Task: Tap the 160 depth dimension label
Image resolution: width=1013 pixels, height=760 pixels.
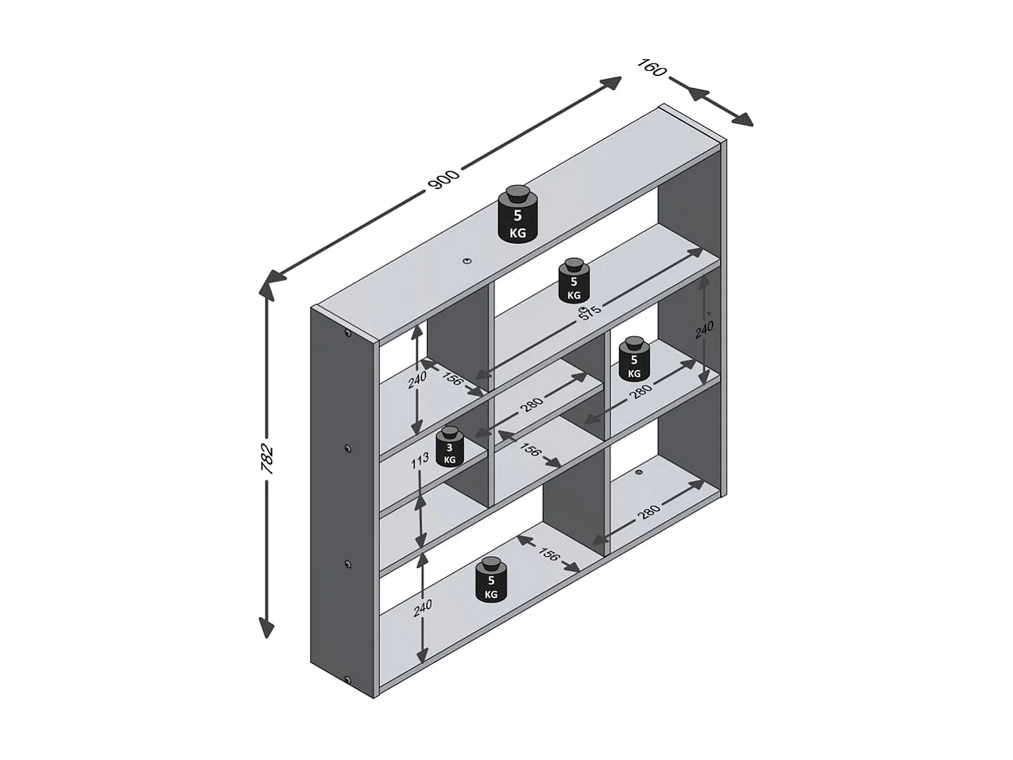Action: point(652,69)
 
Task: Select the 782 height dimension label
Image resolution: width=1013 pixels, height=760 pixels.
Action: point(267,458)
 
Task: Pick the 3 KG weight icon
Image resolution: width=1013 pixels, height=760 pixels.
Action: point(450,446)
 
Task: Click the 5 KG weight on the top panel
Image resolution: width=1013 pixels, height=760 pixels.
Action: point(518,215)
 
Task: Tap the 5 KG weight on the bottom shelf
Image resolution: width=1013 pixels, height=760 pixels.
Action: point(491,580)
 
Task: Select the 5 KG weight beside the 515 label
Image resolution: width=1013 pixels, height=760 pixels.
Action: point(574,281)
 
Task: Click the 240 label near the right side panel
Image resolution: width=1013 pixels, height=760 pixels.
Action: point(704,330)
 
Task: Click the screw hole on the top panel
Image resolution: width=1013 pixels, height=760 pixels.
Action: point(466,262)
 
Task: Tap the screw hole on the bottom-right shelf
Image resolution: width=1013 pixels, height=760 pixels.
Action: point(639,472)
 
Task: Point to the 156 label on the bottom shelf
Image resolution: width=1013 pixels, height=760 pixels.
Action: point(548,555)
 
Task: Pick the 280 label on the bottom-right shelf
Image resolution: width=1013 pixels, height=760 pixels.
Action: point(648,512)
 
